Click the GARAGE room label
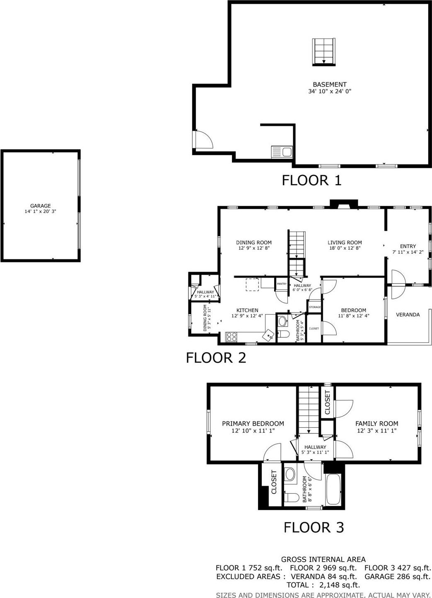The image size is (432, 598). tap(40, 206)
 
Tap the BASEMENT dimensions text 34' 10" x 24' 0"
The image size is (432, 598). tap(329, 91)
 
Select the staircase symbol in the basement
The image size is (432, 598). tap(323, 51)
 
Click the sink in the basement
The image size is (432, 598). tap(282, 152)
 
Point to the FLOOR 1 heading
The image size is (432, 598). tap(311, 180)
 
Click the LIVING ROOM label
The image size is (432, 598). tap(345, 242)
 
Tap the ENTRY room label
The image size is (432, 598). tap(408, 246)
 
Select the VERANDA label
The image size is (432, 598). tap(408, 315)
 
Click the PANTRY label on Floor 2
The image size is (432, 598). tap(282, 284)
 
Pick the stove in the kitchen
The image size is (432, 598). tap(232, 337)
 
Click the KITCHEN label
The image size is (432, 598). tap(247, 310)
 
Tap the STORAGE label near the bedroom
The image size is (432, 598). tap(315, 307)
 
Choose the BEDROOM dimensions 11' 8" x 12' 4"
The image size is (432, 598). tap(353, 316)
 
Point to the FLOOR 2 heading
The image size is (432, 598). tap(216, 358)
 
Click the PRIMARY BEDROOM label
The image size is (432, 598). tap(253, 424)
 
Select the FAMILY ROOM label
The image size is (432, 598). tap(376, 424)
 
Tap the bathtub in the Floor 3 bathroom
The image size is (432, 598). tap(333, 489)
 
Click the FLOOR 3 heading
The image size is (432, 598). tap(314, 528)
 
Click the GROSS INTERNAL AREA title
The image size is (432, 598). tap(323, 559)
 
